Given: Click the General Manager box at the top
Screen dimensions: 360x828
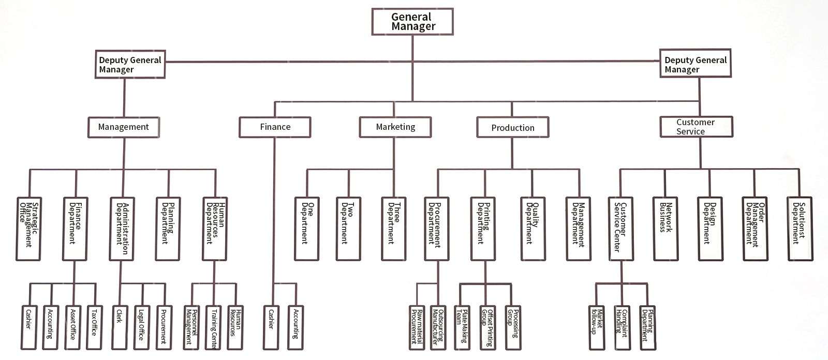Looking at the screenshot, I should point(412,22).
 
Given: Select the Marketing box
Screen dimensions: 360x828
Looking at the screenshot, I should point(395,127).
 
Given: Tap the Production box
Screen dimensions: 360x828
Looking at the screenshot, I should point(512,127).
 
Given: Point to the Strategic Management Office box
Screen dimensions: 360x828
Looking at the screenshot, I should point(29,228).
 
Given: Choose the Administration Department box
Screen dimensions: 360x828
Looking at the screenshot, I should point(122,228).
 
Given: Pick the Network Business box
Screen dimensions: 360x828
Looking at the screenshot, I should point(666,228).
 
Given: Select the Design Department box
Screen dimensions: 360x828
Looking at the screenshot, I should point(709,228).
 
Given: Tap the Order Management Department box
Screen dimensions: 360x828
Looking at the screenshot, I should point(755,228).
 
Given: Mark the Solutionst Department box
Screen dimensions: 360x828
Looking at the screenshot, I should point(800,228).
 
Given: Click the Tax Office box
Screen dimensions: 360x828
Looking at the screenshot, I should point(94,327).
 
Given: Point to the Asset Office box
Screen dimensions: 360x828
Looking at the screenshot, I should point(72,327).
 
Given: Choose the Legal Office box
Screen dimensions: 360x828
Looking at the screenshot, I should point(141,327).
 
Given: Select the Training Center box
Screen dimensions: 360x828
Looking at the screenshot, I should point(214,327).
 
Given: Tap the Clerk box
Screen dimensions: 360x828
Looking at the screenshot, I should point(120,327).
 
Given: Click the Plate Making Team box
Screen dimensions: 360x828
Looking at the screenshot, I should point(461,327).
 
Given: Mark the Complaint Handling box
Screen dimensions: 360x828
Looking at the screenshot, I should point(621,327).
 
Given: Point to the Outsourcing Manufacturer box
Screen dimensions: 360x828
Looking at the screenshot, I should point(437,327).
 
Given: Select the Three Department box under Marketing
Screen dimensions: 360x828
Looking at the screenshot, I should point(394,228).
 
